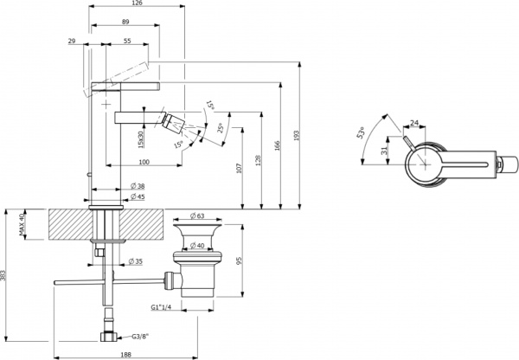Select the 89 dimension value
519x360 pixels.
tap(125, 21)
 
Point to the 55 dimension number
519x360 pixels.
tap(126, 41)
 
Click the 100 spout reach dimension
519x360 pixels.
tap(143, 163)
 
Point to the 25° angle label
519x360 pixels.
tap(222, 129)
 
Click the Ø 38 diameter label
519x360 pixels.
tap(138, 187)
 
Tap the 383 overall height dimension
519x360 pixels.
tap(6, 278)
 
